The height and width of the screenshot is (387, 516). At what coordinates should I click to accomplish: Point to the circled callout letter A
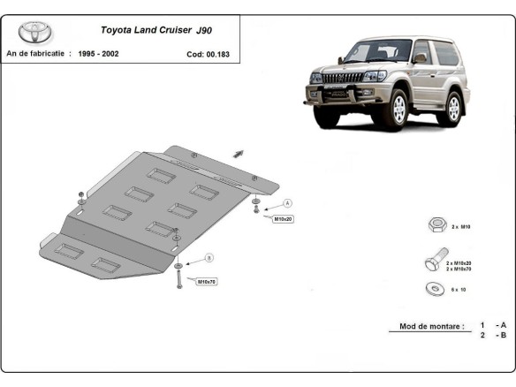pyautogui.click(x=287, y=203)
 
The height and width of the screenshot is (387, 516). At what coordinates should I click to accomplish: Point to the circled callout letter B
pyautogui.click(x=209, y=257)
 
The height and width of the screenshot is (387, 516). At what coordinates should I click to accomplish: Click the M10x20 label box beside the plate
pyautogui.click(x=282, y=218)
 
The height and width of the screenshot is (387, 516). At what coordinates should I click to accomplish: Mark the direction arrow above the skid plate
pyautogui.click(x=238, y=153)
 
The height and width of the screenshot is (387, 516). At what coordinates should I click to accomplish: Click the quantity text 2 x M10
pyautogui.click(x=461, y=227)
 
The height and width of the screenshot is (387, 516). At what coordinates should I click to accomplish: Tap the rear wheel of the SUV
pyautogui.click(x=454, y=108)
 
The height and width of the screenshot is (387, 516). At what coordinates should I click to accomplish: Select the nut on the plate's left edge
pyautogui.click(x=81, y=195)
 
